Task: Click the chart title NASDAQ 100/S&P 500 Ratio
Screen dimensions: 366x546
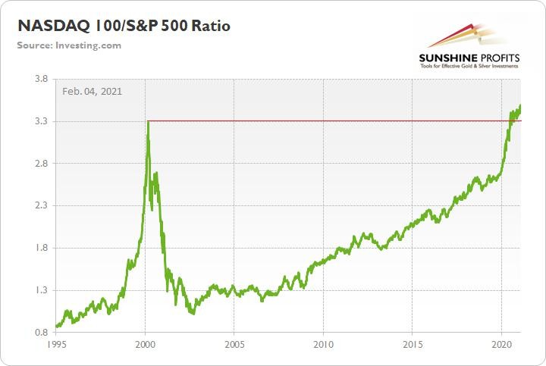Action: pos(124,26)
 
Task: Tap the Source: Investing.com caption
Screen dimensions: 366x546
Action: pos(69,45)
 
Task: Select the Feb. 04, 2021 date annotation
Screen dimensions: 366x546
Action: pos(93,91)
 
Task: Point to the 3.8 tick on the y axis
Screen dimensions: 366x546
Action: pos(41,79)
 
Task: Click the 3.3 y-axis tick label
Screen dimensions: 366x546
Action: pos(41,121)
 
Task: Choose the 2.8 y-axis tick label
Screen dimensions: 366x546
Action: pos(41,164)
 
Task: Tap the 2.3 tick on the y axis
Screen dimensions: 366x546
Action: pos(41,205)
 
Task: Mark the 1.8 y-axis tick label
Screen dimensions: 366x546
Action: pos(41,248)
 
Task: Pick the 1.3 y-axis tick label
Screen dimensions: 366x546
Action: pos(41,290)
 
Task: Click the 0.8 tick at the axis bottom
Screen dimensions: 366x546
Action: pos(41,332)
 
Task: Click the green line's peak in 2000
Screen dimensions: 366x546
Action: pos(148,121)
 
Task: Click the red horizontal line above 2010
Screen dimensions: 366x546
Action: pos(324,120)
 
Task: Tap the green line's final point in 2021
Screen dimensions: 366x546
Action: pos(520,106)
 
